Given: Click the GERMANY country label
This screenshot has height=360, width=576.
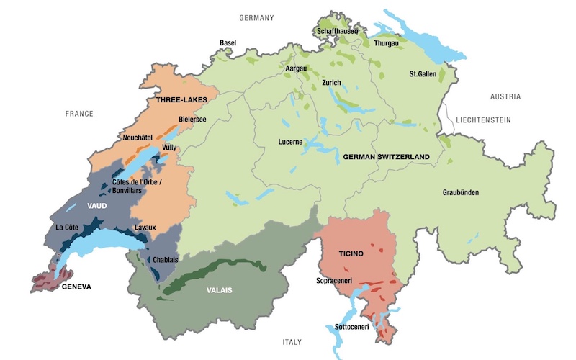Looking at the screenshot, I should point(256,18).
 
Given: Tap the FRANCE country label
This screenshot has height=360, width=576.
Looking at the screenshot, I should point(79,114).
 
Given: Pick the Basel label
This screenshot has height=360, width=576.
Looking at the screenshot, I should point(228,43).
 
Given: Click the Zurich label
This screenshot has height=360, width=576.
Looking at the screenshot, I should point(331,83).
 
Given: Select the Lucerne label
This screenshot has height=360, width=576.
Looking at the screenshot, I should point(290,142).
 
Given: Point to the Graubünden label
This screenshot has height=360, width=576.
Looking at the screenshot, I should point(461,192).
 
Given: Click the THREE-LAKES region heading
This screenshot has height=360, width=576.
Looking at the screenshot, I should point(182,101).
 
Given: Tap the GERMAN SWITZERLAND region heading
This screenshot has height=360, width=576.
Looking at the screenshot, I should point(387,156).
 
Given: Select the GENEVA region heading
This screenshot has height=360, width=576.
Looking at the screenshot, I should point(76,286).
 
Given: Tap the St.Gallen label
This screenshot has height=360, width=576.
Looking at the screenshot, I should point(424,73).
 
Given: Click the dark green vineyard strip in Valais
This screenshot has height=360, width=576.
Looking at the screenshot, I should point(216,273).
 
